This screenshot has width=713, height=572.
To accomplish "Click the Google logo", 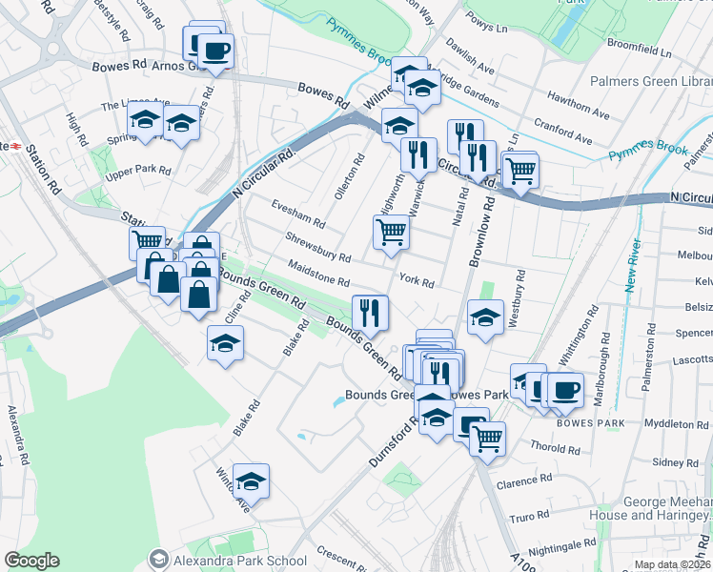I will click(32, 561).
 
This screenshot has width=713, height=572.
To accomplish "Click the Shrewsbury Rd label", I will click(317, 247).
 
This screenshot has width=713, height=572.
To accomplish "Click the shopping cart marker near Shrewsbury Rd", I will click(391, 232).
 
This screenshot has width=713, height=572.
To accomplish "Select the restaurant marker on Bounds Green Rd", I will click(369, 311).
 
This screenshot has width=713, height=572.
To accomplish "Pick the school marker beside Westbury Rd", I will click(485, 317).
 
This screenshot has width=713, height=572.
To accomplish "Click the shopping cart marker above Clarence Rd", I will click(487, 439).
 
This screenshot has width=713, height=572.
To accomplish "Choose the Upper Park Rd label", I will click(138, 172).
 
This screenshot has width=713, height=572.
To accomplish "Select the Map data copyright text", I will click(672, 564).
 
